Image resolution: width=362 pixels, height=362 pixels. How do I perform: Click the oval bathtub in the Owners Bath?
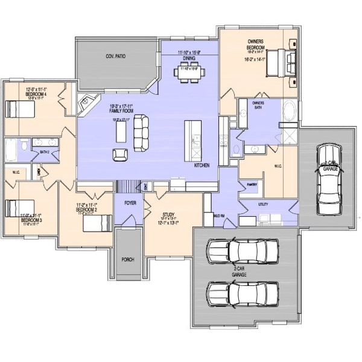(289, 112)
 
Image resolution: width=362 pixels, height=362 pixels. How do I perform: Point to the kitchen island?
(192, 137)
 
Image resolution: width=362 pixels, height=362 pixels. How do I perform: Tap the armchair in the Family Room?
(119, 154)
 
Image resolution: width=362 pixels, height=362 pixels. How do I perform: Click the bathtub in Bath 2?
(11, 148)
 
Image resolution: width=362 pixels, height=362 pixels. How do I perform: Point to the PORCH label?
(127, 259)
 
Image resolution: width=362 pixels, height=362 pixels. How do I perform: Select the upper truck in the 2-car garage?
(242, 252)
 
